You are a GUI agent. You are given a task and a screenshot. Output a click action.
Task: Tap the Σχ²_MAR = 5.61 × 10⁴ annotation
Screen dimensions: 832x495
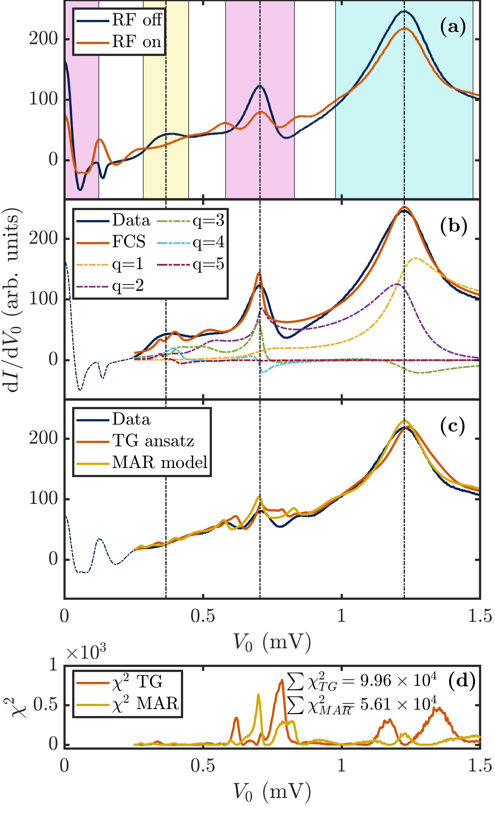click(x=362, y=705)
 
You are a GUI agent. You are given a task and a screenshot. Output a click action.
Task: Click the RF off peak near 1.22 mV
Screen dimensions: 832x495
click(x=404, y=11)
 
